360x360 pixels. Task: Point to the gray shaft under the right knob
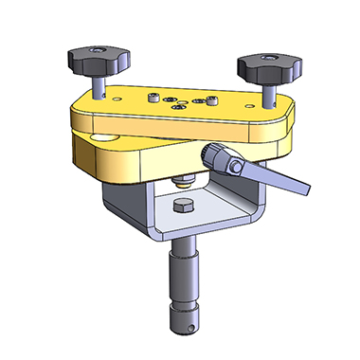pos(269,90)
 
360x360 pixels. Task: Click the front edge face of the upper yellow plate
pos(171,127)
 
